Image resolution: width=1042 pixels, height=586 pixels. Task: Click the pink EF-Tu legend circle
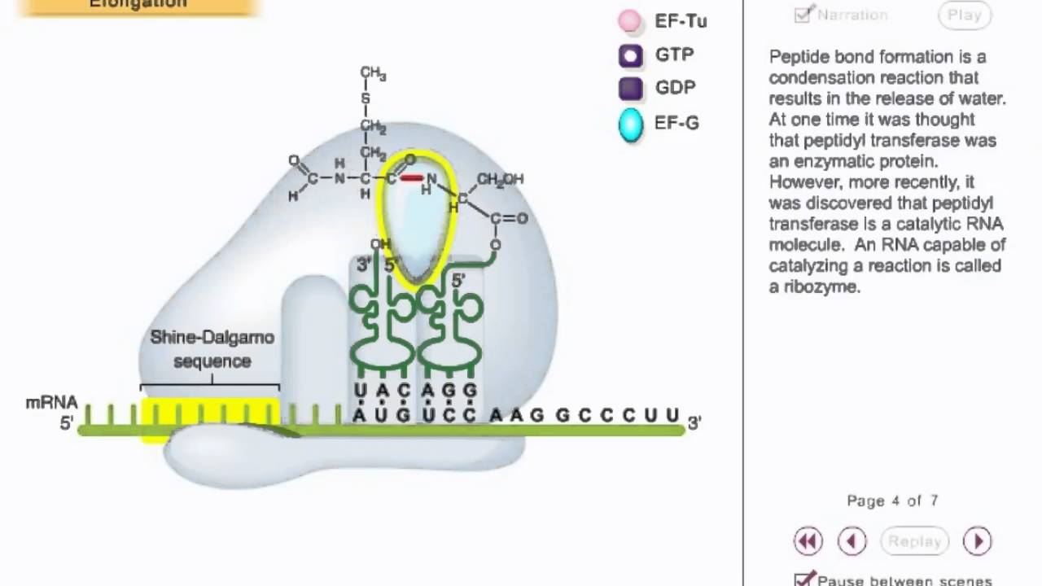[629, 21]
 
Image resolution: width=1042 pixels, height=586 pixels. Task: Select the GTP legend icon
[631, 55]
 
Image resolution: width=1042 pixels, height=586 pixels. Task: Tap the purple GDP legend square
[631, 88]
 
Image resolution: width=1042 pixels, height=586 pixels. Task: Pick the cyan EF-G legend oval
[631, 125]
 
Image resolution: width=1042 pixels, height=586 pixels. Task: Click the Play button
[964, 15]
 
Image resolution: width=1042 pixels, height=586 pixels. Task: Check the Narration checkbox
[803, 14]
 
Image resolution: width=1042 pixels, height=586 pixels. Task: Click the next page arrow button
[977, 541]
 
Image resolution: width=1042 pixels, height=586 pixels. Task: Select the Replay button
[915, 541]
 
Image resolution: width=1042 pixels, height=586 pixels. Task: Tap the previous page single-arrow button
[852, 541]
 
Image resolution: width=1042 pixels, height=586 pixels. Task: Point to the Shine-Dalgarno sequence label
[212, 348]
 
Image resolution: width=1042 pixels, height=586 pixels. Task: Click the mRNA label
[52, 403]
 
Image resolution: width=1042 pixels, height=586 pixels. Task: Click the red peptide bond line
[412, 177]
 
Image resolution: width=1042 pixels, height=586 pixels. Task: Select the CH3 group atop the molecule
[373, 74]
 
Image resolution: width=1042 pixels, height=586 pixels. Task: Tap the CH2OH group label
[500, 179]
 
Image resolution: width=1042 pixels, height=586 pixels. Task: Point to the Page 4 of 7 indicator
[892, 501]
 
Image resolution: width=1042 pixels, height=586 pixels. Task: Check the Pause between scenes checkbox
[804, 579]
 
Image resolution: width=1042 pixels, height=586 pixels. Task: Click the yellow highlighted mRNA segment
[210, 413]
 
